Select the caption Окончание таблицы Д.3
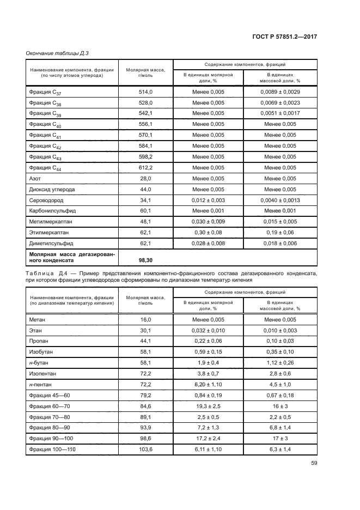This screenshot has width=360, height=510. click(x=57, y=53)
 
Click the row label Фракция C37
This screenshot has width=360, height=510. click(x=45, y=92)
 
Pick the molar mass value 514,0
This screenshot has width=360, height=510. click(x=145, y=92)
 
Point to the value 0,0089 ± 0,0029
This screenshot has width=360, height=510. click(x=280, y=92)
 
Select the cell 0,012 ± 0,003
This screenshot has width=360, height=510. click(x=208, y=200)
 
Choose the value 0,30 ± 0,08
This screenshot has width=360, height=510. click(x=208, y=233)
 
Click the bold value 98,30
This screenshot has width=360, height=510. click(x=145, y=260)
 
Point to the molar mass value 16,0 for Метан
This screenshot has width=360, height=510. click(x=145, y=320)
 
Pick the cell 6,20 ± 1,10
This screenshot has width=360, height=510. click(x=208, y=385)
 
